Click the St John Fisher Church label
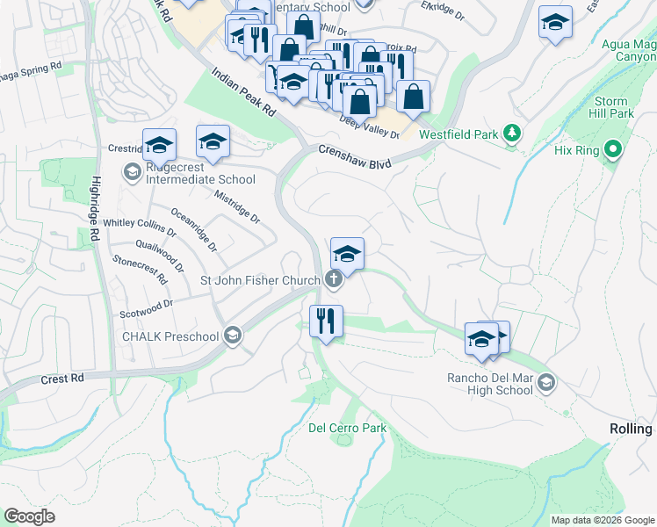pyautogui.click(x=260, y=281)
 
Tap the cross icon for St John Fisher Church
pyautogui.click(x=333, y=280)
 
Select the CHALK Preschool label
pyautogui.click(x=170, y=336)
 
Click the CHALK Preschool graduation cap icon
pyautogui.click(x=233, y=336)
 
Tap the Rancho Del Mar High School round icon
pyautogui.click(x=546, y=381)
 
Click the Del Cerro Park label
pyautogui.click(x=347, y=428)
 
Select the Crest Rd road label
pyautogui.click(x=61, y=379)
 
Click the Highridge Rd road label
pyautogui.click(x=94, y=210)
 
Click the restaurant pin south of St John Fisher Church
pyautogui.click(x=326, y=321)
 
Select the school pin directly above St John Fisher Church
pyautogui.click(x=347, y=255)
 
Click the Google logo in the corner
pyautogui.click(x=30, y=516)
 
